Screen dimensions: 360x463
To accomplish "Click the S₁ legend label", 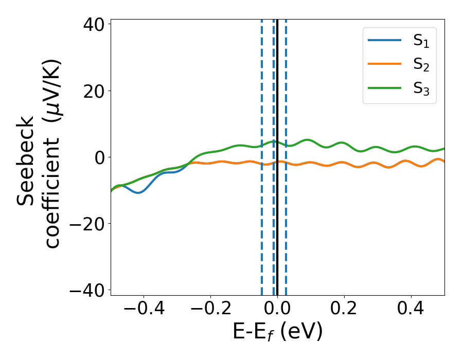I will pyautogui.click(x=421, y=42).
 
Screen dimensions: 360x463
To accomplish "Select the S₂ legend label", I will pyautogui.click(x=421, y=65).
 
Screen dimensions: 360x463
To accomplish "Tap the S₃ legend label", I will pyautogui.click(x=421, y=88).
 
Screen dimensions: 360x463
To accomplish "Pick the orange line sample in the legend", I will pyautogui.click(x=385, y=65).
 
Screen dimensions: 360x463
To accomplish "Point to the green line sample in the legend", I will pyautogui.click(x=385, y=88).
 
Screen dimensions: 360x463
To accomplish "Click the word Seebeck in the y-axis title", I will pyautogui.click(x=26, y=161).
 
